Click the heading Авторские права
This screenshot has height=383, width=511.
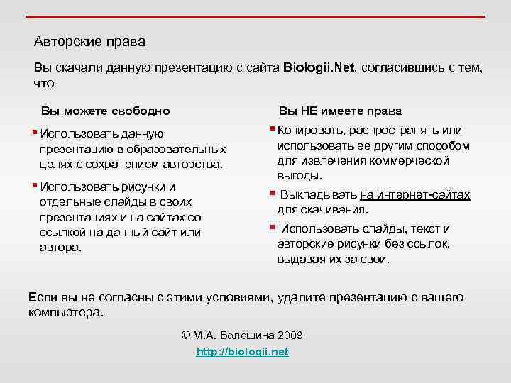point(89,42)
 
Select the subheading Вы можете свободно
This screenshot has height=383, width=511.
point(105,111)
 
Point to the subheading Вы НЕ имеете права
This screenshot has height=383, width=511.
point(340,111)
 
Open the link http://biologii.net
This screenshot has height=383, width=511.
point(242,353)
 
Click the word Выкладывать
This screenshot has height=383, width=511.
point(318,195)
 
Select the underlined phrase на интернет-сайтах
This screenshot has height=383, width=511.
point(415,195)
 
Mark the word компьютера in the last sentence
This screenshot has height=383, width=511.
point(65,312)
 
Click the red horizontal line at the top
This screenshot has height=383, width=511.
point(255,16)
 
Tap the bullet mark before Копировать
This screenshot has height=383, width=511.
point(272,129)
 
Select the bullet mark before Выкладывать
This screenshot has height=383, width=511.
point(272,194)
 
